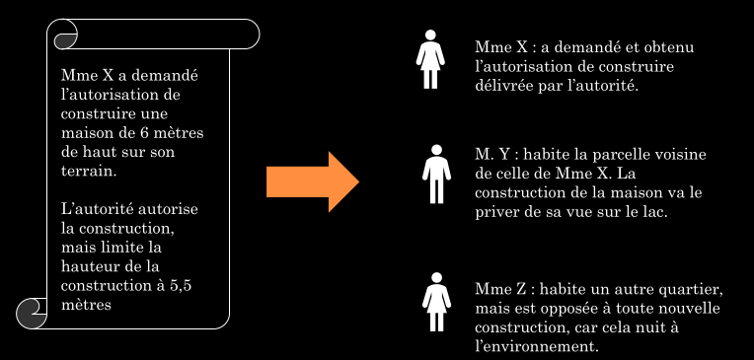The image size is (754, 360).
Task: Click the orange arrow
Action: click(x=313, y=181)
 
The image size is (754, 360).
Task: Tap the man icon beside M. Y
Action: click(x=436, y=174)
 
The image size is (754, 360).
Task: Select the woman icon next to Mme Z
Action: click(x=436, y=302)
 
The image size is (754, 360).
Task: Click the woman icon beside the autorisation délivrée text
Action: click(x=430, y=59)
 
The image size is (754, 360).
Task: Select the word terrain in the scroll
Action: click(x=89, y=171)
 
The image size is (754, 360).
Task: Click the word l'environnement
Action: click(x=534, y=346)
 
